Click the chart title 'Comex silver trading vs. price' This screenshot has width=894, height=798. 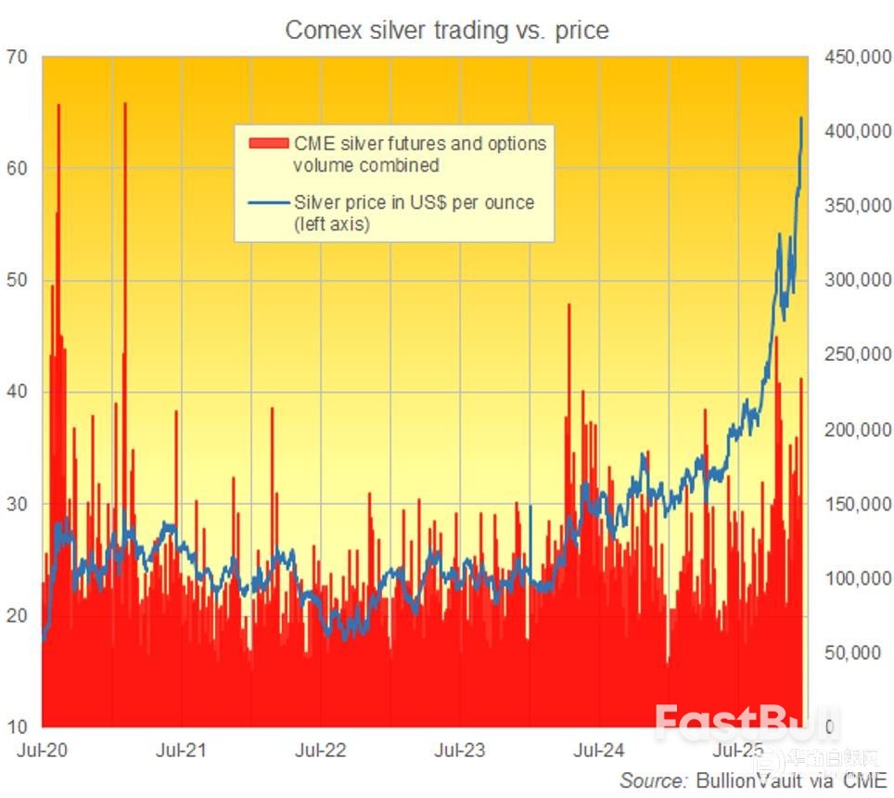pos(447,30)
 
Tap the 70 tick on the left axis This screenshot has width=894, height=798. pos(19,58)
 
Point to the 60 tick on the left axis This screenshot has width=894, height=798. pos(19,169)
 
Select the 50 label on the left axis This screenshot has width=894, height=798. pos(19,280)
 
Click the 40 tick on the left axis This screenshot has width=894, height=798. pos(19,392)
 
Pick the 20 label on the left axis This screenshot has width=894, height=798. pos(19,615)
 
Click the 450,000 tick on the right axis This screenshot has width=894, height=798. pos(851,58)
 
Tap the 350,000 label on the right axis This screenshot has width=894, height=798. pos(851,206)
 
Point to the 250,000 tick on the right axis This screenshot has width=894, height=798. pos(851,355)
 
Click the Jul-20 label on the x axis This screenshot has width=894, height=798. pos(41,748)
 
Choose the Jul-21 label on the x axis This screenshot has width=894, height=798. pos(182,748)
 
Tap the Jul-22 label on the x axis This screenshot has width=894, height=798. pos(321,748)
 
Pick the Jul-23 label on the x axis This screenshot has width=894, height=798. pos(461,748)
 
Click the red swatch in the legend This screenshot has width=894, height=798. pos(269,144)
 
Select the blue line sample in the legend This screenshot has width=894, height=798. pos(269,202)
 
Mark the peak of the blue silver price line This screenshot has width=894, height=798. pos(801,118)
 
